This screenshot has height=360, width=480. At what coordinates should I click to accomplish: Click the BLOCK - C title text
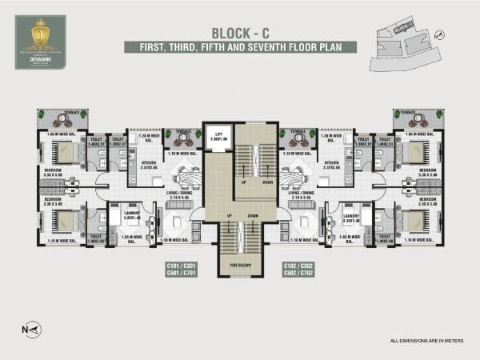pyautogui.click(x=239, y=33)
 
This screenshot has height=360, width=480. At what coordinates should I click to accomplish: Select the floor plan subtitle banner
pyautogui.click(x=239, y=47)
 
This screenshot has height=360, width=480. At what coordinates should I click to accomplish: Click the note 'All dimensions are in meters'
pyautogui.click(x=426, y=342)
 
